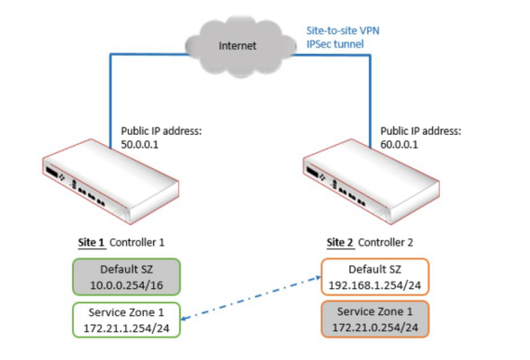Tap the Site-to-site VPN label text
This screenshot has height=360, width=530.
[343, 31]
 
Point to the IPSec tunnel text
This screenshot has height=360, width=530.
[335, 44]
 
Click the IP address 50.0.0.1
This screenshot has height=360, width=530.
[139, 145]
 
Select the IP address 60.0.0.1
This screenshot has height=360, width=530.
[400, 145]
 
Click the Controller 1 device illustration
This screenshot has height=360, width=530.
[111, 182]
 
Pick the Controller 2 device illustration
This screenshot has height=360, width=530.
[371, 182]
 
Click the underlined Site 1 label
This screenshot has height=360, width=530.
[91, 242]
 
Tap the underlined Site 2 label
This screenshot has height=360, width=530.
[340, 242]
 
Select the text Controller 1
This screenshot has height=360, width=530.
[137, 242]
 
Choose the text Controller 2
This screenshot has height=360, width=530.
[385, 242]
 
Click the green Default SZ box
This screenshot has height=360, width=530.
[126, 277]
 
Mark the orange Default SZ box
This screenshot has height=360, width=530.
[375, 277]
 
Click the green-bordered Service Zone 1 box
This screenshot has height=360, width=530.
[126, 319]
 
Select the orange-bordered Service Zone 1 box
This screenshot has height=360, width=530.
[375, 319]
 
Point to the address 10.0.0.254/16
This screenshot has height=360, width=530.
[126, 285]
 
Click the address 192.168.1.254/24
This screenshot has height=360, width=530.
[375, 285]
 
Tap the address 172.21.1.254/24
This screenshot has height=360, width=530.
[126, 328]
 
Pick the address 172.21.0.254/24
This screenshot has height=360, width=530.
[375, 328]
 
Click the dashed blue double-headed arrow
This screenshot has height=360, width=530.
[251, 298]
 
